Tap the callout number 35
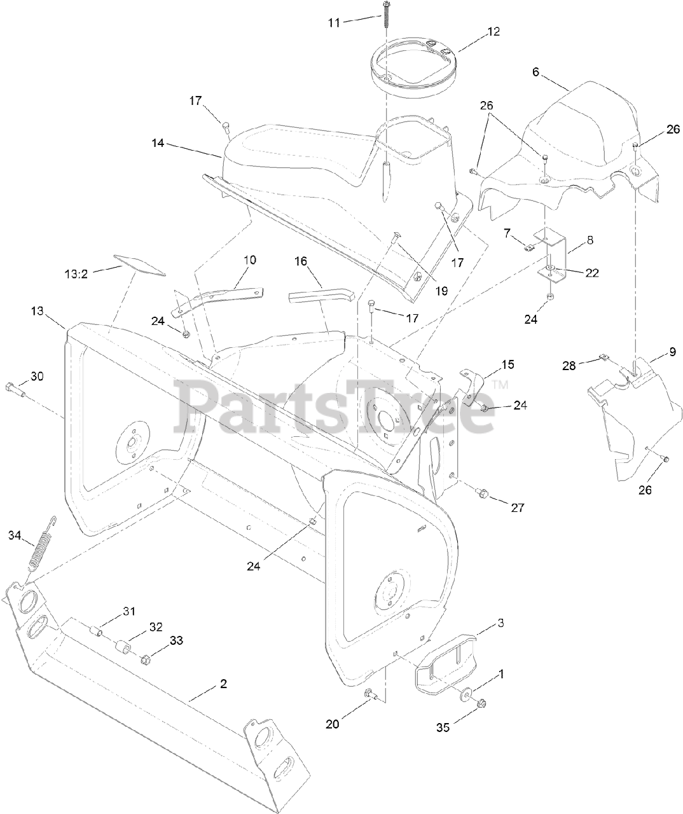(x=443, y=727)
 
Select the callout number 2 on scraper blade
(x=223, y=684)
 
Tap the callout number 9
(x=654, y=352)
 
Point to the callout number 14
(x=158, y=144)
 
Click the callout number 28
(x=568, y=366)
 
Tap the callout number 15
(x=507, y=365)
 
